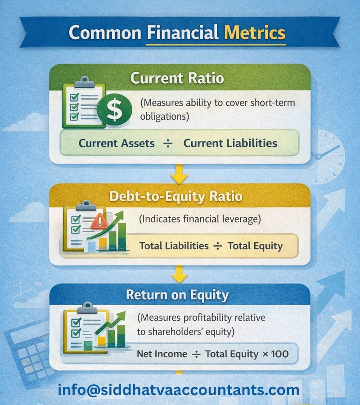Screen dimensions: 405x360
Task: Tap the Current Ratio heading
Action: coord(177,78)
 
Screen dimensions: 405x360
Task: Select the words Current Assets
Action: coord(117,143)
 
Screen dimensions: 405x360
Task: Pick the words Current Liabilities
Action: coord(230,143)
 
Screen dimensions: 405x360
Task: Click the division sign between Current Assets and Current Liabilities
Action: coord(168,143)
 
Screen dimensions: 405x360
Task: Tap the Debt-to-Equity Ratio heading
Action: coord(175,197)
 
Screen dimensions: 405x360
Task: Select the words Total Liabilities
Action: coord(174,246)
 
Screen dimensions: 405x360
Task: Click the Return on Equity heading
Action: coord(177,295)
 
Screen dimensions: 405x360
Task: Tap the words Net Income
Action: coord(162,354)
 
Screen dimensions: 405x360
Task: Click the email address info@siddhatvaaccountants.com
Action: coord(178,390)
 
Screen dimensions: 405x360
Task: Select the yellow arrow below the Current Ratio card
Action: coord(180,174)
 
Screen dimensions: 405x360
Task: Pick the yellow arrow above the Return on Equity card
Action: coord(180,273)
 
